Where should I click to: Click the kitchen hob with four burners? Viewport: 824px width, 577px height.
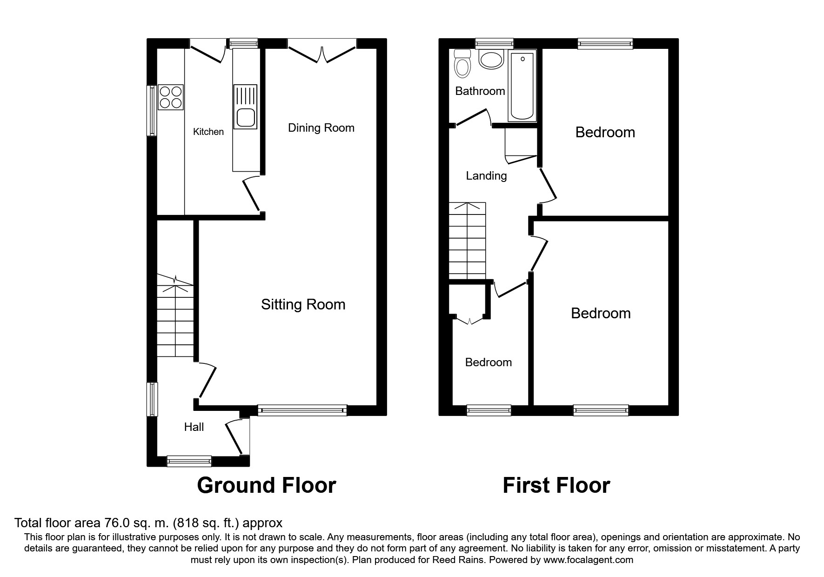[x=171, y=97]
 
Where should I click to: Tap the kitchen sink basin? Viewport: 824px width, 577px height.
[x=245, y=118]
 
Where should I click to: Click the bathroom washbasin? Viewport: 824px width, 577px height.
[x=491, y=60]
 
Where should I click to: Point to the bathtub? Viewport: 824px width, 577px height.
[x=523, y=86]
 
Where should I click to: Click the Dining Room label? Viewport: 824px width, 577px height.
[x=321, y=128]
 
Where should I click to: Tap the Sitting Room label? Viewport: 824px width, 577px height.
[x=303, y=304]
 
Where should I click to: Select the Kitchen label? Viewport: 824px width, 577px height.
[x=208, y=132]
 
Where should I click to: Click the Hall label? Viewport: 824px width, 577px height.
[x=194, y=427]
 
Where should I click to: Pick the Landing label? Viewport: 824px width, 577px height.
[x=486, y=175]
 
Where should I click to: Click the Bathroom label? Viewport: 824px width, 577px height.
[x=480, y=91]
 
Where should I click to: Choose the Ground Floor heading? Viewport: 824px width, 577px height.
[x=267, y=485]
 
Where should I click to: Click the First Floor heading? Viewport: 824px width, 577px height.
[x=556, y=485]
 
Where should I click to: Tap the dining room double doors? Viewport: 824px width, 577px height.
[x=322, y=50]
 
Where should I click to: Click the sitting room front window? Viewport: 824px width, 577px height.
[x=302, y=410]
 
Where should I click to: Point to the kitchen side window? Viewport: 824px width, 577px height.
[x=152, y=111]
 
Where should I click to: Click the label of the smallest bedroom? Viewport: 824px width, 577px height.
[x=489, y=362]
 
